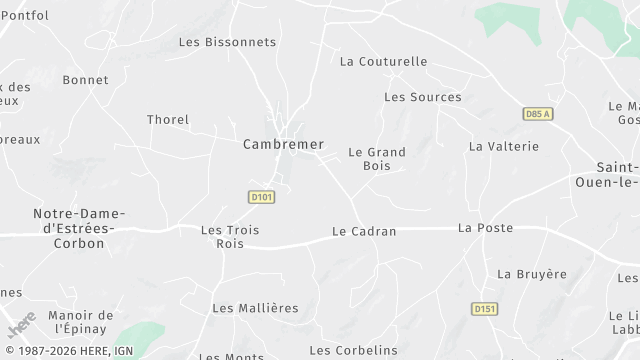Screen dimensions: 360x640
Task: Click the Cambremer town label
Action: pos(284,144)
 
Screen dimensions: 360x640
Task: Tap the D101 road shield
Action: pos(261,197)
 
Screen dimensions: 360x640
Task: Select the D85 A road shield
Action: pos(538,114)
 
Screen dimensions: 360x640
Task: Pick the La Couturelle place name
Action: pos(383,61)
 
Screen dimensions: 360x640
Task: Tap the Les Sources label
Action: pos(423,97)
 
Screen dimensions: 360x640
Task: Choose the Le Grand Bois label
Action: pos(377,159)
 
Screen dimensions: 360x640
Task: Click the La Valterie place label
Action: pos(504,146)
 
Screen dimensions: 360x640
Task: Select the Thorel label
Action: pos(168,120)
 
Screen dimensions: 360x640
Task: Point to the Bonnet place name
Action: pos(85,80)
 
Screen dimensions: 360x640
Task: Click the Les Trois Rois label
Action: pos(230,236)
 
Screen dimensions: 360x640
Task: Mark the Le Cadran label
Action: pos(364,231)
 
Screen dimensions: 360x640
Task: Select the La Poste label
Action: pos(486,227)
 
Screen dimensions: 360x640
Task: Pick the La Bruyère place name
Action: pos(532,273)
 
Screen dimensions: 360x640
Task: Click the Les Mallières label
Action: pos(256,307)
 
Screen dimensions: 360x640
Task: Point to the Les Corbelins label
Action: pos(354,350)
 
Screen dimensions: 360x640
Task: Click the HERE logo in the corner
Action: pos(21,325)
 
